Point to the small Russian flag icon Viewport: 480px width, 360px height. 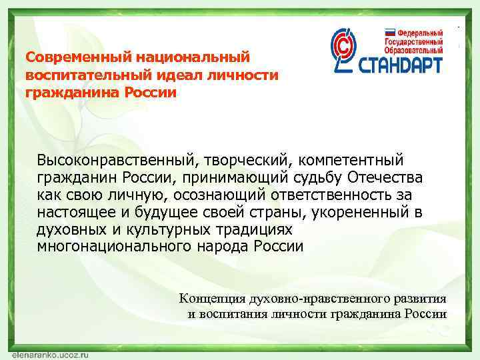pos(389,31)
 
